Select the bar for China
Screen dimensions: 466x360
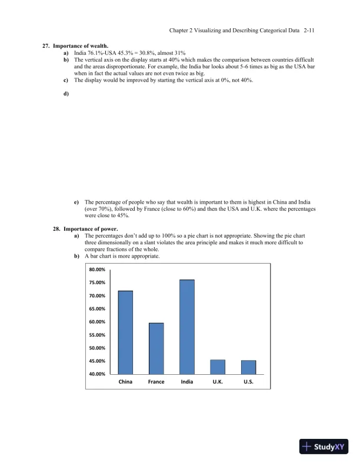point(125,332)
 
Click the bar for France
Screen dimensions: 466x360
point(156,348)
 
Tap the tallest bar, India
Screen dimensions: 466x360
point(187,327)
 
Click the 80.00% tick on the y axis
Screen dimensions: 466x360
point(97,269)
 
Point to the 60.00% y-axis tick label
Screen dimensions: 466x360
point(97,322)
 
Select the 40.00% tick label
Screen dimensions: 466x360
point(97,374)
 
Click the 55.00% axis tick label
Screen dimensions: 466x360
point(97,335)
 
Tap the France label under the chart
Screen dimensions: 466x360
point(156,382)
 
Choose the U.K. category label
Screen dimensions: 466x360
point(218,382)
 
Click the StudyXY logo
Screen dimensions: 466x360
point(324,447)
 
